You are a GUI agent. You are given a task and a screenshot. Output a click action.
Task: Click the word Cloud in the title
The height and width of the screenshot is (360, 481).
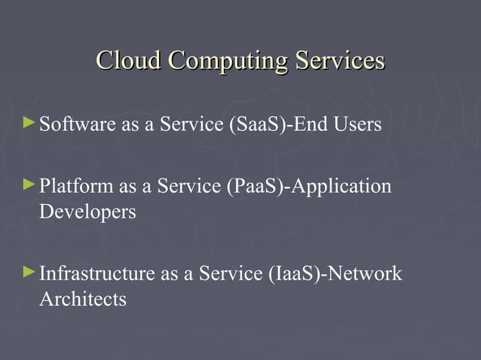point(129,60)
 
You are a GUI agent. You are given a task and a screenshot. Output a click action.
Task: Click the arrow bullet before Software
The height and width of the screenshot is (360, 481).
point(29,121)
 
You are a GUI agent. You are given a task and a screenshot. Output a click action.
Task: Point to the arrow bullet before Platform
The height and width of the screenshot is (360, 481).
point(29,183)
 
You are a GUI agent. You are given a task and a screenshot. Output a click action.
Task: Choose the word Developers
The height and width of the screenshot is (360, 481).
point(87,212)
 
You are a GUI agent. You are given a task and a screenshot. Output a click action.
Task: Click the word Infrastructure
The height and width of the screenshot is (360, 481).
point(96,273)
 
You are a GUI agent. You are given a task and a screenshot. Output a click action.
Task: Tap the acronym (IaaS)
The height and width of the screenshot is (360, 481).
point(295,273)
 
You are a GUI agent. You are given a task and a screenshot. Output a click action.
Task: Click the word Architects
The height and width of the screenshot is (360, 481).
point(82,298)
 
